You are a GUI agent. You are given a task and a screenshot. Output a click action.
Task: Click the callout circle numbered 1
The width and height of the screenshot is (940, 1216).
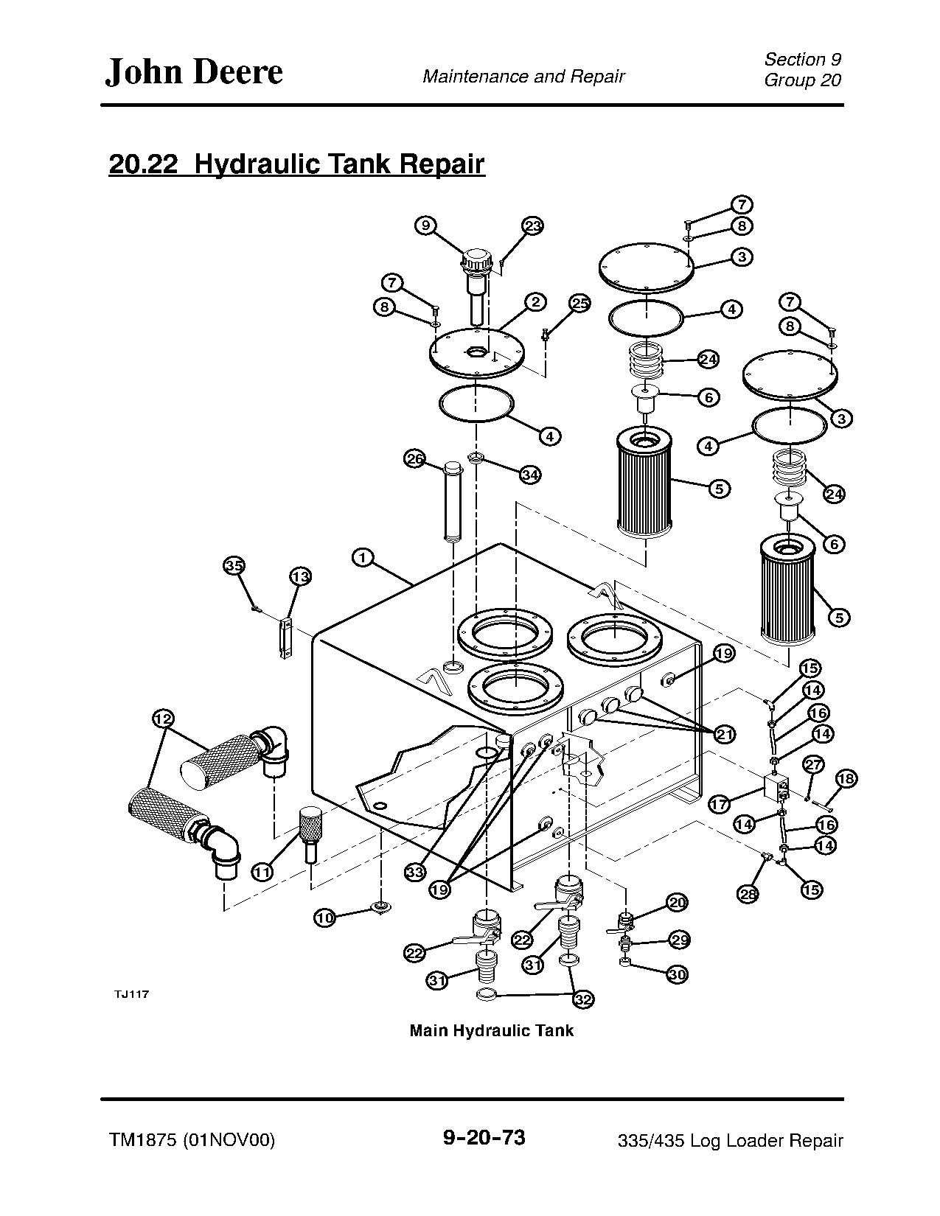[x=362, y=557]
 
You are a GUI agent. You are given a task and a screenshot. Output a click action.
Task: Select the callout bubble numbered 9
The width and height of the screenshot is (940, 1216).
[x=425, y=225]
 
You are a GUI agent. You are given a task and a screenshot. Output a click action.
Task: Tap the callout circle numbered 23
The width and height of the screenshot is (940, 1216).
[x=532, y=226]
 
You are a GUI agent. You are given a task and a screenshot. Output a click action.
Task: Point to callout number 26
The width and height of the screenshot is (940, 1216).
[x=415, y=459]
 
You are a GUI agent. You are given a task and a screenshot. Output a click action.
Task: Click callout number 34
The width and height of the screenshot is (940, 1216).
[x=530, y=474]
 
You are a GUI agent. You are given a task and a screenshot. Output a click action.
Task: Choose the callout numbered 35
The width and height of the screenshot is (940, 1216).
[x=234, y=566]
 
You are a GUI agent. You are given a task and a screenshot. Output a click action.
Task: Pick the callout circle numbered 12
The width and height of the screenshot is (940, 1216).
[x=163, y=719]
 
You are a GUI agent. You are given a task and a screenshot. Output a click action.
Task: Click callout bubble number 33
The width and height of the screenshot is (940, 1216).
[x=415, y=872]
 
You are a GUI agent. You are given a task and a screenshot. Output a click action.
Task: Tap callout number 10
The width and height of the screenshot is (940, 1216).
[x=324, y=918]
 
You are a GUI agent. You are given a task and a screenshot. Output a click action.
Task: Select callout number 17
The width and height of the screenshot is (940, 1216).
[x=720, y=804]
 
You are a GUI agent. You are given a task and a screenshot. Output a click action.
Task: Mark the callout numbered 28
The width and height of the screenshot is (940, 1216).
[x=748, y=894]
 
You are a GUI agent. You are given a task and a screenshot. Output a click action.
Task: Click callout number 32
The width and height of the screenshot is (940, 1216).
[x=583, y=999]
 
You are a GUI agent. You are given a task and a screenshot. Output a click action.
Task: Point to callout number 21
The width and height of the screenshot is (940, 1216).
[x=725, y=734]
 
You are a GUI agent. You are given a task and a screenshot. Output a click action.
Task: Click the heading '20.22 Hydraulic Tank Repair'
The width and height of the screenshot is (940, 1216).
[x=296, y=164]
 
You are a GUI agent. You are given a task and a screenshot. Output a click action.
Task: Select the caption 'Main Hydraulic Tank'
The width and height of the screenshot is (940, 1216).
[x=491, y=1030]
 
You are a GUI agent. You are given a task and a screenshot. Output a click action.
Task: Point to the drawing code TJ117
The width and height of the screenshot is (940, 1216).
[x=131, y=994]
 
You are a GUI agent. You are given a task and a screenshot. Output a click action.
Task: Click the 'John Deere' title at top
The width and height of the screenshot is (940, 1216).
[x=194, y=72]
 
